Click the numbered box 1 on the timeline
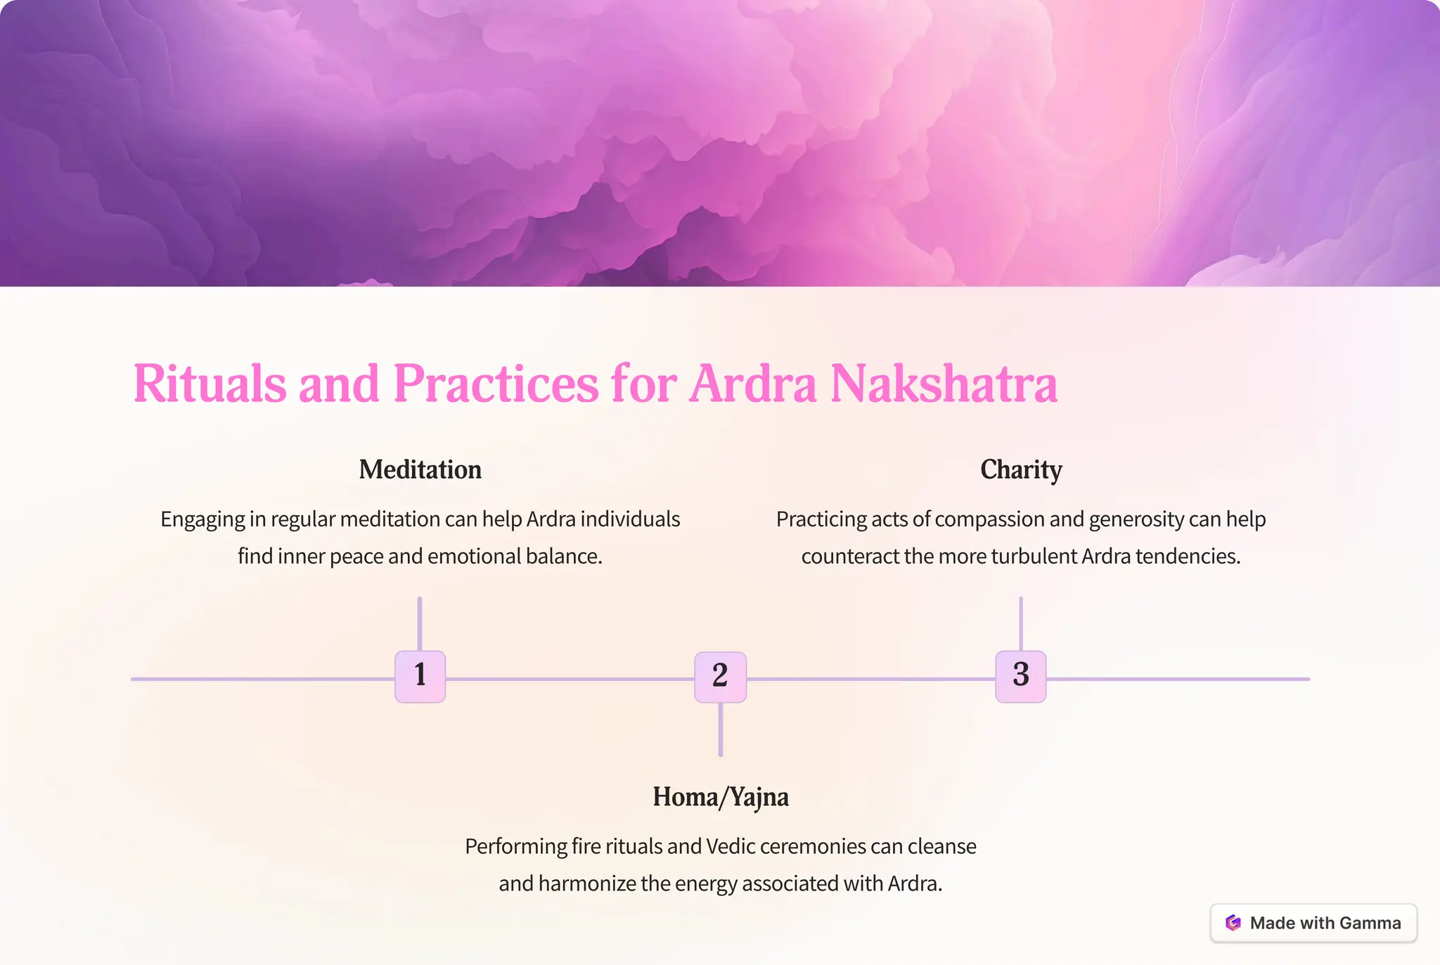pos(420,676)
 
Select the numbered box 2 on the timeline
pos(720,677)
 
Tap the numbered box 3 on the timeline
pos(1020,676)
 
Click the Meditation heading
pos(420,469)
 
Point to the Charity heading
pos(1021,469)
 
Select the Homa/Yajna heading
pos(720,796)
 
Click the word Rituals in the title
pos(210,384)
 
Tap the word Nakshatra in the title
pos(944,384)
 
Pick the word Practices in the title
pos(496,384)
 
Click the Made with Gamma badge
pos(1313,923)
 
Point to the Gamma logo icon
pos(1233,923)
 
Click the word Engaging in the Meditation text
pos(202,519)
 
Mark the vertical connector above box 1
pos(420,623)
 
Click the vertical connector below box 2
pos(720,730)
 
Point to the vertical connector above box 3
pos(1020,623)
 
